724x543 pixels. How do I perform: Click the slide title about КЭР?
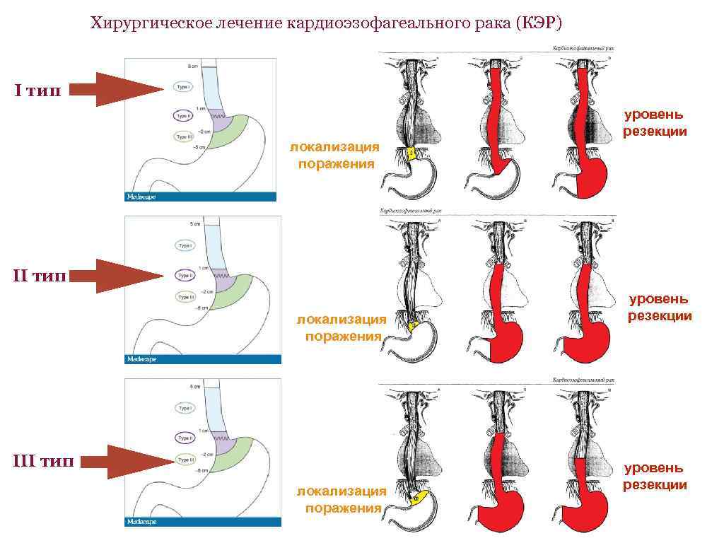[326, 24]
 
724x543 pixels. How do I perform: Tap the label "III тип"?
[43, 462]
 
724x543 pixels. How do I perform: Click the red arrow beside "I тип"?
[117, 89]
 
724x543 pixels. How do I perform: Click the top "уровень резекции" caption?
[654, 122]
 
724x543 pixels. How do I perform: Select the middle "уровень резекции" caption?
[660, 308]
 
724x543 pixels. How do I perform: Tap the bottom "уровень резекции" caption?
[654, 477]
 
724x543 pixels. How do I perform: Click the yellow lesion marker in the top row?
[410, 153]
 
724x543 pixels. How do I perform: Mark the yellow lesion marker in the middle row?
[413, 325]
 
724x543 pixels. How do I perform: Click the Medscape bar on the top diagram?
[202, 197]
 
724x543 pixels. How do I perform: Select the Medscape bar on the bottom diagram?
[202, 522]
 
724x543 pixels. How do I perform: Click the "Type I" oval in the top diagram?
[183, 87]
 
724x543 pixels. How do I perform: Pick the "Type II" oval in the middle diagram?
[184, 276]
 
